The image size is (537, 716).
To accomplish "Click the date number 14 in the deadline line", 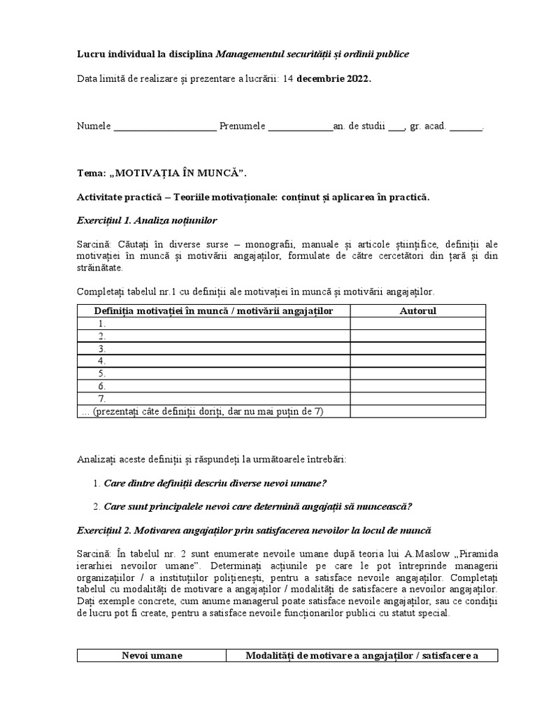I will (288, 79).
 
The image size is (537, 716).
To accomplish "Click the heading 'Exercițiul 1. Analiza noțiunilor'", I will (148, 221).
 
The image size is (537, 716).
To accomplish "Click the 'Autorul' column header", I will (418, 310).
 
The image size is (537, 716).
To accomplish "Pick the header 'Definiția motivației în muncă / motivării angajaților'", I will (214, 310).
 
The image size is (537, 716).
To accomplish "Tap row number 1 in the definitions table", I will (102, 323).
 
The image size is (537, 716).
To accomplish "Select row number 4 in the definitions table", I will (102, 361).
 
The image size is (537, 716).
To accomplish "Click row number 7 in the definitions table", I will (102, 399).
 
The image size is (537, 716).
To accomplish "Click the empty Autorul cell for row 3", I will (418, 348).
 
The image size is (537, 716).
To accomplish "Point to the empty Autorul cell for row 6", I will (418, 386).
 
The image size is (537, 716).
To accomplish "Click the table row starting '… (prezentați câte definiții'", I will (203, 411).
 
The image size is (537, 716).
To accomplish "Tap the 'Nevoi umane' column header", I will (152, 656).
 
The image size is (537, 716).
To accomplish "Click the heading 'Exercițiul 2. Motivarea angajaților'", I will (255, 531).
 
